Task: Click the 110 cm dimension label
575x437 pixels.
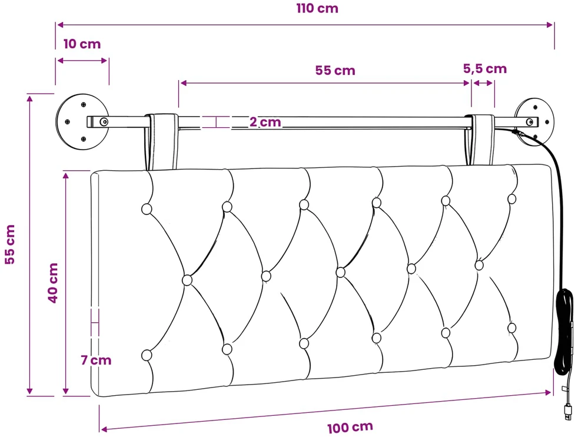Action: (x=317, y=8)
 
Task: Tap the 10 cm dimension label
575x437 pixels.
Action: (x=82, y=44)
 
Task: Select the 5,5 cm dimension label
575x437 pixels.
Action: (x=485, y=69)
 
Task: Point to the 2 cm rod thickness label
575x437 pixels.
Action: (x=265, y=122)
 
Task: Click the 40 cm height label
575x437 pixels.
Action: (x=53, y=283)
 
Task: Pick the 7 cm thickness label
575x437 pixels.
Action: (x=96, y=360)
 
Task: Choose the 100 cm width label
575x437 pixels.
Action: (x=350, y=427)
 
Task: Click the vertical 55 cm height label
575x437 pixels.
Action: (x=9, y=244)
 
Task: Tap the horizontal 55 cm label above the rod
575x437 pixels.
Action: (x=335, y=71)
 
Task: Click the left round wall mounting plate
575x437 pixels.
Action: (x=82, y=122)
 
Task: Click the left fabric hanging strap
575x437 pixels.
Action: (x=161, y=141)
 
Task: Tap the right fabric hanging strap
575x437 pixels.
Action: (x=480, y=140)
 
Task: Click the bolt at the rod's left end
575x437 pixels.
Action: (x=104, y=121)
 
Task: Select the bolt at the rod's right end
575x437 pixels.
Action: (x=530, y=122)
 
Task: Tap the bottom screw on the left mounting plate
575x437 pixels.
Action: (x=84, y=139)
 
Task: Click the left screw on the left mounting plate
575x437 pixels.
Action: (x=67, y=121)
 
